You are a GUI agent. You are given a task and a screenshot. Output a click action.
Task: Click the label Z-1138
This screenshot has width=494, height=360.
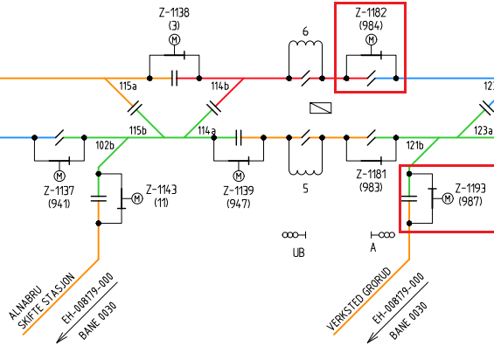(174, 12)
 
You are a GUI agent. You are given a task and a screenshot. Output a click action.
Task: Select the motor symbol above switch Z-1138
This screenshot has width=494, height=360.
(175, 39)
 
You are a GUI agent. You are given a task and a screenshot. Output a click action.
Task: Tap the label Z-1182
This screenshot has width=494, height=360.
(371, 12)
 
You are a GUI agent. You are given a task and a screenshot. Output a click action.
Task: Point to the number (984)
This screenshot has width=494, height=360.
(371, 25)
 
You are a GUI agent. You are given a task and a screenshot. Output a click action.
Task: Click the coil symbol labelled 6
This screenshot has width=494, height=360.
(305, 44)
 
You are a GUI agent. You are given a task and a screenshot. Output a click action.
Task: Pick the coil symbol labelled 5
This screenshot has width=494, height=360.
(305, 171)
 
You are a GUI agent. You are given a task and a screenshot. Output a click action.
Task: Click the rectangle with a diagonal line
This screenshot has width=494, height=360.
(320, 108)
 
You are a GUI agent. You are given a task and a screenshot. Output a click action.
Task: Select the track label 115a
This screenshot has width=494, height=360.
(128, 86)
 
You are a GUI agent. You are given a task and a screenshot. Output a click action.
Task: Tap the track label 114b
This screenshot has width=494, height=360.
(220, 86)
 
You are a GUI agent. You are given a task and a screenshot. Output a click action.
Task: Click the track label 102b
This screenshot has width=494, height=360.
(105, 146)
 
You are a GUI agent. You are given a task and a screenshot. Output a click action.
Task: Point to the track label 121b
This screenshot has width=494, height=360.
(415, 146)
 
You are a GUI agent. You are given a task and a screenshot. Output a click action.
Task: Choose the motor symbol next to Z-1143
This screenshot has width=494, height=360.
(137, 198)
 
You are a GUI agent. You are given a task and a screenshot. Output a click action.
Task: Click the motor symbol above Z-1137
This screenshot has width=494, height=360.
(59, 176)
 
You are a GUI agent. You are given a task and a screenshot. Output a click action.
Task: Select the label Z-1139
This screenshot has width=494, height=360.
(239, 190)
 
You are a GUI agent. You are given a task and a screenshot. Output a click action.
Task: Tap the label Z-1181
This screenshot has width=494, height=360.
(371, 175)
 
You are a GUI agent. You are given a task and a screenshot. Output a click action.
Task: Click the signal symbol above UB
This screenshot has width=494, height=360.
(295, 235)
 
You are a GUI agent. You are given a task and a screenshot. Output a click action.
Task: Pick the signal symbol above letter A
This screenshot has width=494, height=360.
(383, 235)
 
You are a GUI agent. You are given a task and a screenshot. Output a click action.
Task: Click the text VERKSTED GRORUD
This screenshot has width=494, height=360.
(358, 299)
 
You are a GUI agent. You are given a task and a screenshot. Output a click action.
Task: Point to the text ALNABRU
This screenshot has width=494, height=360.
(25, 302)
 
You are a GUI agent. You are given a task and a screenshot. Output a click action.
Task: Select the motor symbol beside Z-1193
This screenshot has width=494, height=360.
(448, 198)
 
